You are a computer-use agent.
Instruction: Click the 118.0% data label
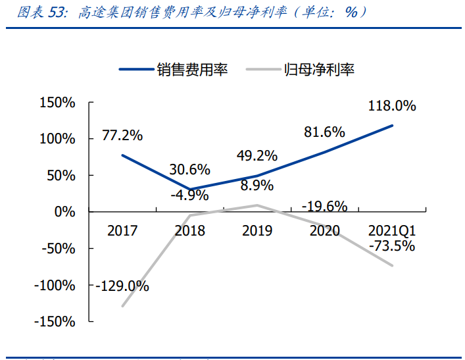pos(392,105)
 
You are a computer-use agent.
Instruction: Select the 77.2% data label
pos(122,136)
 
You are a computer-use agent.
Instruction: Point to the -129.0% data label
pos(122,286)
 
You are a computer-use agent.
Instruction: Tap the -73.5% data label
pos(392,246)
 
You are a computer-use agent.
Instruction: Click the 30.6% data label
pos(189,169)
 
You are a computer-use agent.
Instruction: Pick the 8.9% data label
pos(257,186)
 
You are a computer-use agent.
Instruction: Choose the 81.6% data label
pos(324,132)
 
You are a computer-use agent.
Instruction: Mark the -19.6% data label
pos(324,207)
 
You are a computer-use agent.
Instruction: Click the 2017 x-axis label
pos(122,230)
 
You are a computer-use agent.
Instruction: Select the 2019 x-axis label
pos(257,230)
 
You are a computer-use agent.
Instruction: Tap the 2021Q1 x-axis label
pos(392,230)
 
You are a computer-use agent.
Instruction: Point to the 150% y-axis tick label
pos(58,103)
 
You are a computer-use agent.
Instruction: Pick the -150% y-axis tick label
pos(55,321)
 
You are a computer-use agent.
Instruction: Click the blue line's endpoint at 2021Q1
pos(393,126)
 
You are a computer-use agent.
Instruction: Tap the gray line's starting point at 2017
pos(122,306)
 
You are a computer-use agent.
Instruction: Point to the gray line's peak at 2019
pos(257,205)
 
